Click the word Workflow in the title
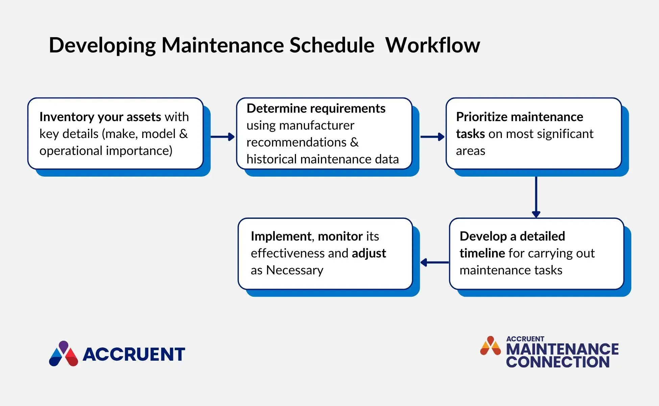click(433, 45)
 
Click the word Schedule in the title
click(332, 45)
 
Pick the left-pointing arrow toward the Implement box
click(435, 262)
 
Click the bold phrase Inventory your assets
click(100, 117)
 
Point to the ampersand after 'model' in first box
click(184, 134)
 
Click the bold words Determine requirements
click(316, 108)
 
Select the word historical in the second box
click(271, 159)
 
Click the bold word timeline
click(482, 253)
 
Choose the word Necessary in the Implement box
click(295, 270)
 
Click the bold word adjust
click(369, 253)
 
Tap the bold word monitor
click(340, 236)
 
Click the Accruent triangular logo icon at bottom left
click(64, 354)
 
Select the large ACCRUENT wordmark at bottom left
click(134, 354)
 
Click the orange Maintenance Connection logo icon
click(490, 346)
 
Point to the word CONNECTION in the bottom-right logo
click(558, 362)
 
